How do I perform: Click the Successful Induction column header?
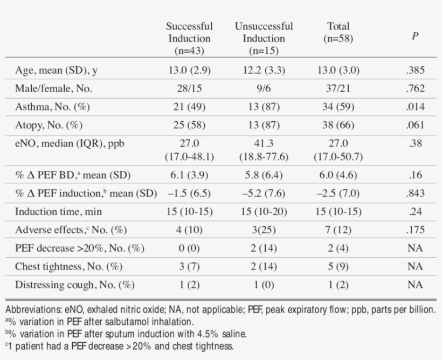pyautogui.click(x=189, y=38)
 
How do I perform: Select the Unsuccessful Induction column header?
pyautogui.click(x=264, y=38)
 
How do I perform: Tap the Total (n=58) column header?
pyautogui.click(x=338, y=32)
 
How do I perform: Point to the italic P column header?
pyautogui.click(x=415, y=36)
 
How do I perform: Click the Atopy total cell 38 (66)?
pyautogui.click(x=338, y=125)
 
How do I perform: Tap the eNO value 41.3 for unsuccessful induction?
pyautogui.click(x=264, y=144)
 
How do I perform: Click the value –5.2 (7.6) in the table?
pyautogui.click(x=264, y=193)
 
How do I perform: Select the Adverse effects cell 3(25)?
pyautogui.click(x=264, y=230)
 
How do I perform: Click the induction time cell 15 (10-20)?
pyautogui.click(x=264, y=212)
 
